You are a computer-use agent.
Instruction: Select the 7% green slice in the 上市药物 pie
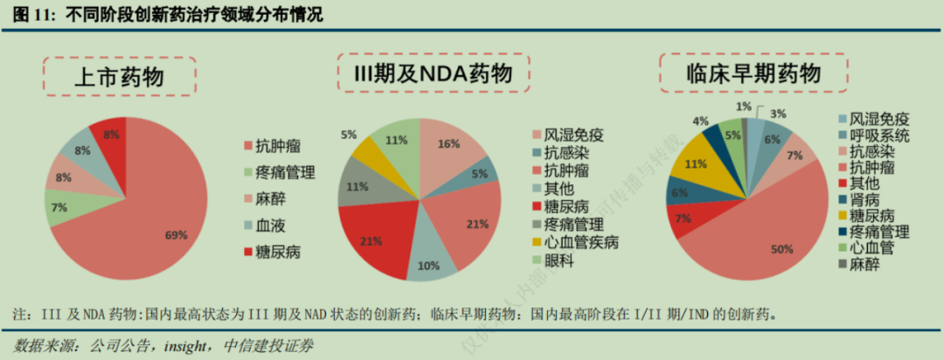coord(61,208)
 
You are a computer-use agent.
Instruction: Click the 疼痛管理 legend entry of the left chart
coord(276,173)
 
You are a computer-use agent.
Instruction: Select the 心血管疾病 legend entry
coord(576,242)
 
